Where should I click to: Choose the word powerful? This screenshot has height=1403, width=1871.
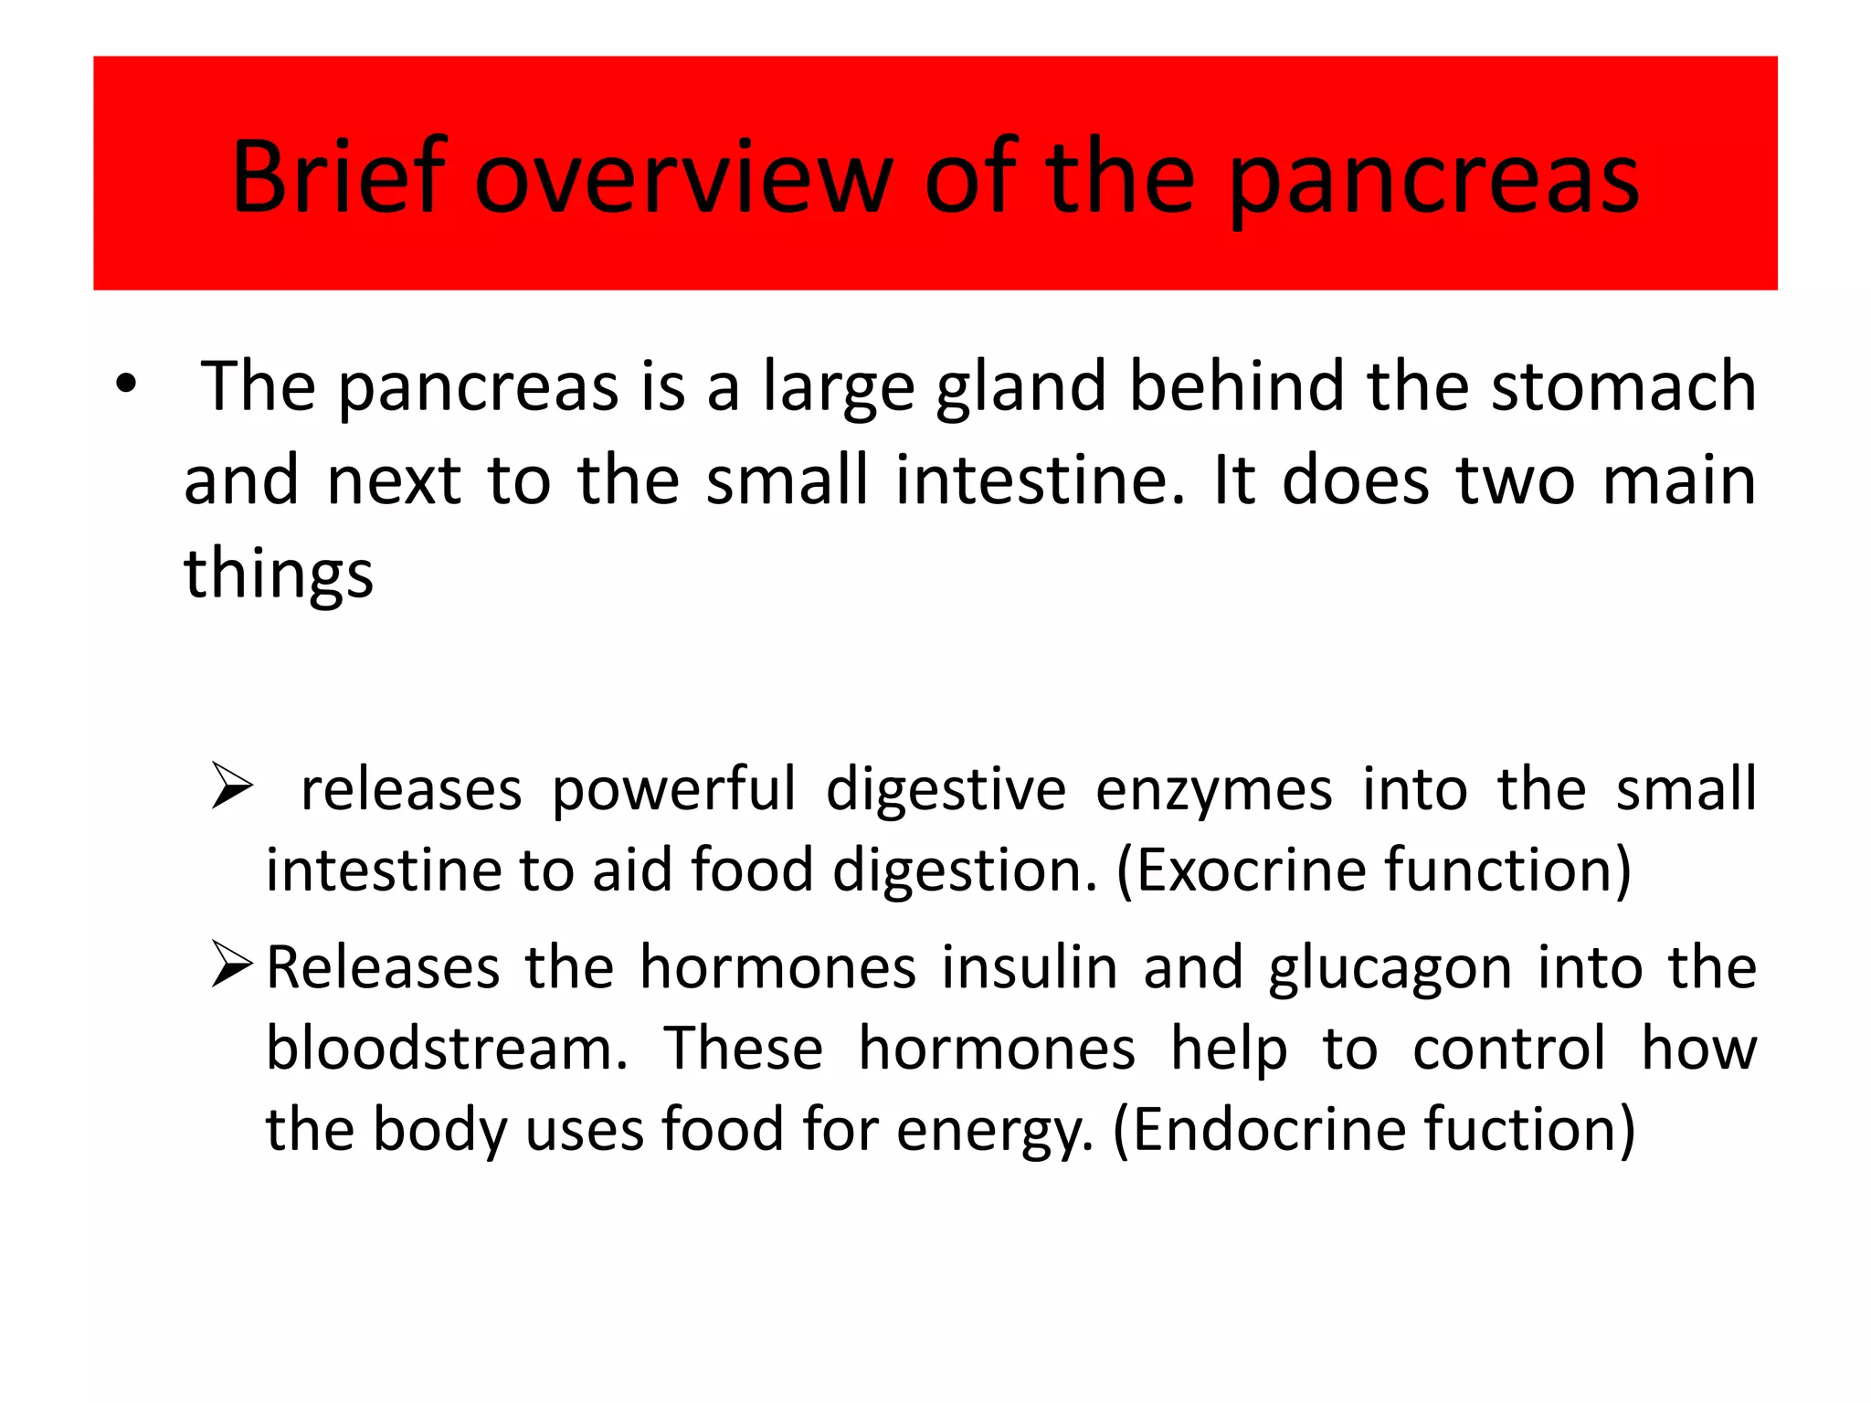pos(673,790)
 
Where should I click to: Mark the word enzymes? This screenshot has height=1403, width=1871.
pos(1213,790)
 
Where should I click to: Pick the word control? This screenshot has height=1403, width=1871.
pos(1508,1049)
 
